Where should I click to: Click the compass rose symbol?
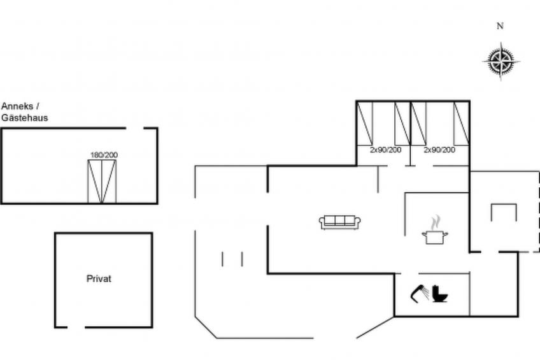(501, 62)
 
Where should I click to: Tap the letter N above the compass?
(500, 26)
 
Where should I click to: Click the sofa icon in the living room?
(339, 222)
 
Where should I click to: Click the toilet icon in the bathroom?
(440, 294)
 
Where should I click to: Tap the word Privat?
(99, 278)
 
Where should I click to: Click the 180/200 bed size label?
(104, 155)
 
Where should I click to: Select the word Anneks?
(17, 106)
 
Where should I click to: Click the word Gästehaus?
(24, 118)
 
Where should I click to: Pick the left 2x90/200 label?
(385, 150)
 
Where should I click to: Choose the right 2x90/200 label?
(439, 150)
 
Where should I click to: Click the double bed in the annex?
(102, 182)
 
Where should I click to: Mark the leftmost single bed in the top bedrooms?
(365, 124)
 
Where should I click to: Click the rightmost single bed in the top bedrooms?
(462, 124)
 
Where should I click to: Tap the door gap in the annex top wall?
(134, 128)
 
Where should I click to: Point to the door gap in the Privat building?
(76, 327)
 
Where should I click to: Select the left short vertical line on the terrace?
(222, 259)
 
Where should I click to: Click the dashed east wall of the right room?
(539, 212)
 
